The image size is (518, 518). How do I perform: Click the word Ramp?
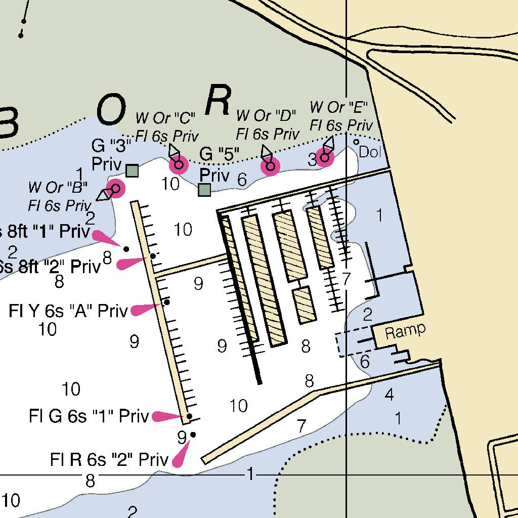pyautogui.click(x=405, y=331)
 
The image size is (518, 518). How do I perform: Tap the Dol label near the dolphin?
pyautogui.click(x=370, y=152)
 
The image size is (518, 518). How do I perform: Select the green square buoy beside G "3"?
pyautogui.click(x=132, y=171)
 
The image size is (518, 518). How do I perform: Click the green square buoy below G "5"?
pyautogui.click(x=204, y=190)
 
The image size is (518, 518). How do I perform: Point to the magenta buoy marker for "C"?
pyautogui.click(x=178, y=164)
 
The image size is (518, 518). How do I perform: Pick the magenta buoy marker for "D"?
pyautogui.click(x=270, y=166)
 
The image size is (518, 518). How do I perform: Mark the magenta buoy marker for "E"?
pyautogui.click(x=324, y=157)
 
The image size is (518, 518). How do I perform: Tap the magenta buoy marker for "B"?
pyautogui.click(x=115, y=189)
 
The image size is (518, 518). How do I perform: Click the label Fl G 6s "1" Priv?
pyautogui.click(x=89, y=416)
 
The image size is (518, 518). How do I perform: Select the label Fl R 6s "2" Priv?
pyautogui.click(x=109, y=460)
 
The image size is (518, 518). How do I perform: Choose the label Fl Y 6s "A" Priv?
pyautogui.click(x=68, y=311)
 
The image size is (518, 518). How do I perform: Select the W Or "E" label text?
pyautogui.click(x=339, y=107)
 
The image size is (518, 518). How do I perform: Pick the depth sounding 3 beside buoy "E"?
pyautogui.click(x=312, y=160)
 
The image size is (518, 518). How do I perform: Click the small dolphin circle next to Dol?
pyautogui.click(x=356, y=142)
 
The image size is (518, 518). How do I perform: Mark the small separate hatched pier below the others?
pyautogui.click(x=305, y=305)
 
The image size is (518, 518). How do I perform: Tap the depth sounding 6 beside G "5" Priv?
pyautogui.click(x=242, y=179)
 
